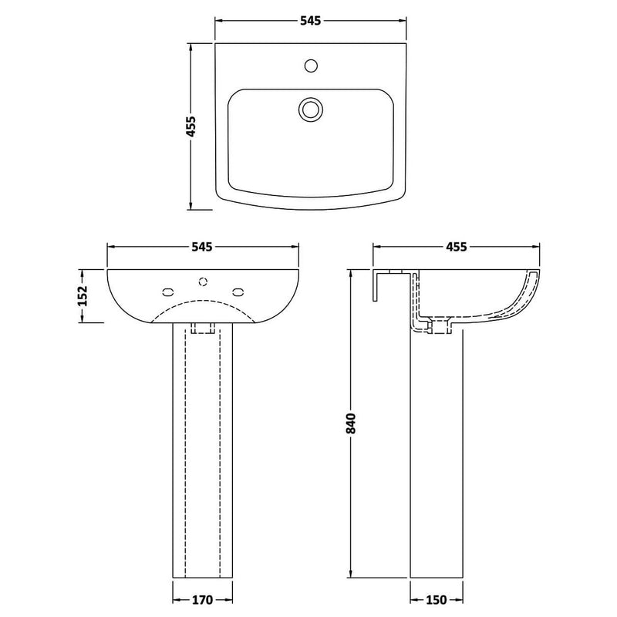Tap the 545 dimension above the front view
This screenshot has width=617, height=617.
(x=202, y=247)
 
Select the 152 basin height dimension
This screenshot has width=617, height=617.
(x=84, y=295)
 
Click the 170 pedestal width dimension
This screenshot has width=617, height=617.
(x=202, y=598)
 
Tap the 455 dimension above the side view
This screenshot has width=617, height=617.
(x=457, y=247)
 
